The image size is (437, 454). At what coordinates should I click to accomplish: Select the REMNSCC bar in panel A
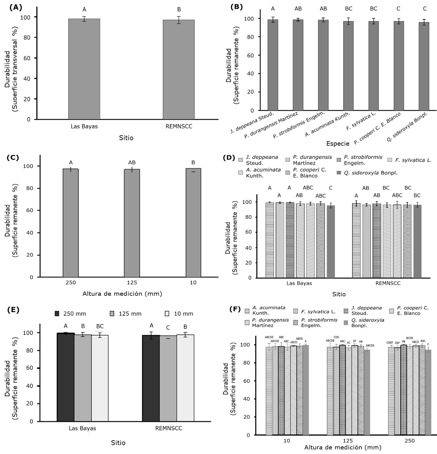click(179, 69)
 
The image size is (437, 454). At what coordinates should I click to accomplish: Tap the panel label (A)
click(16, 8)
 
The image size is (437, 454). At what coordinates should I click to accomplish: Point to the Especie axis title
click(338, 144)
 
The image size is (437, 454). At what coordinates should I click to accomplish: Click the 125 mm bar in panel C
click(132, 223)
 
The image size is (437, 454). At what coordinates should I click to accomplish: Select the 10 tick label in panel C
click(193, 282)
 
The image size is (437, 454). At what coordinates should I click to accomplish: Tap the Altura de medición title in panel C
click(122, 294)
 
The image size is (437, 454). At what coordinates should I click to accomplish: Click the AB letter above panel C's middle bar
click(132, 163)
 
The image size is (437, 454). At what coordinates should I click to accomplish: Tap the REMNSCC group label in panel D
click(388, 283)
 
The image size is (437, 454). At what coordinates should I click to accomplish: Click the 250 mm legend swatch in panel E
click(57, 314)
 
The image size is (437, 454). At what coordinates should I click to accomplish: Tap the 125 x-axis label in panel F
click(348, 441)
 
